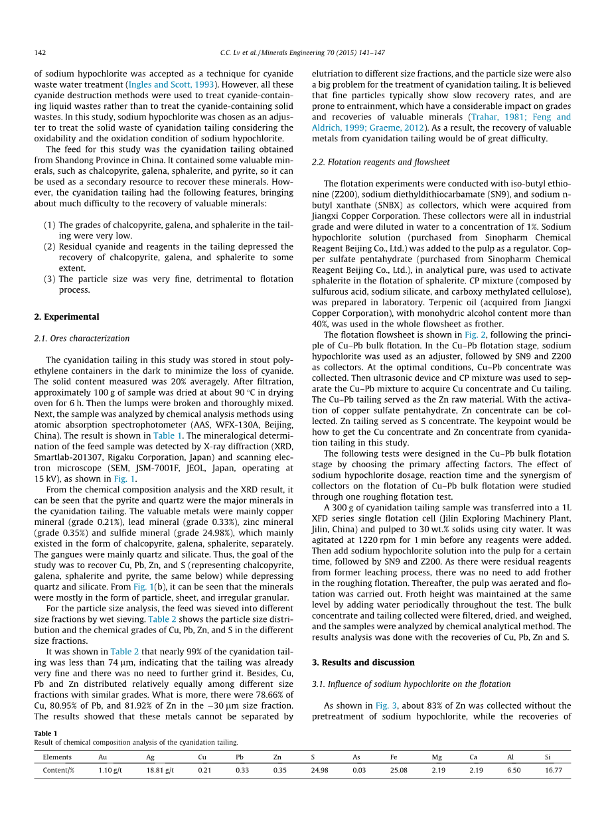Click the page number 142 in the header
[40, 53]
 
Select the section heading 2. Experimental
[66, 317]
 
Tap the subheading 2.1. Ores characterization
[82, 338]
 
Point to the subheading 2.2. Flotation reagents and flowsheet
[380, 162]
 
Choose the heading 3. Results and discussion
[363, 662]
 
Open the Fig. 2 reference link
[476, 335]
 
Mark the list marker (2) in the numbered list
[50, 246]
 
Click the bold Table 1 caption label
[45, 733]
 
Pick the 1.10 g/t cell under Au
[110, 771]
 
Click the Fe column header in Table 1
[394, 757]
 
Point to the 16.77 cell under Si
[553, 771]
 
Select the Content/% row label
[58, 771]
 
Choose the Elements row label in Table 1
[57, 757]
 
